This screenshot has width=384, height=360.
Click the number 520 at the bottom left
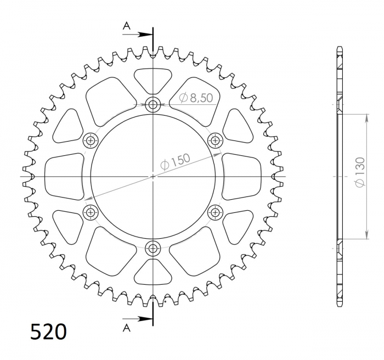(48, 333)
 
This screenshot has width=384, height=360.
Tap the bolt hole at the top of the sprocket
(153, 104)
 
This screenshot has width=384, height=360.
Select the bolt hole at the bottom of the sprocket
(153, 248)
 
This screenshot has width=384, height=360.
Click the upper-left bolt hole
(90, 140)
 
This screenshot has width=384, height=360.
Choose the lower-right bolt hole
(215, 212)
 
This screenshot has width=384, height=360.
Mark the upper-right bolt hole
(215, 140)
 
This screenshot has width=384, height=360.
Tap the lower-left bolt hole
(90, 212)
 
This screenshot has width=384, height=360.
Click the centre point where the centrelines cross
(153, 176)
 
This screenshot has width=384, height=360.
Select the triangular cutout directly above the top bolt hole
(153, 80)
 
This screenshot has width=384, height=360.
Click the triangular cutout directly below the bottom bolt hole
(153, 272)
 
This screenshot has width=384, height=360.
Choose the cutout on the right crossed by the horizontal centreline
(245, 176)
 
